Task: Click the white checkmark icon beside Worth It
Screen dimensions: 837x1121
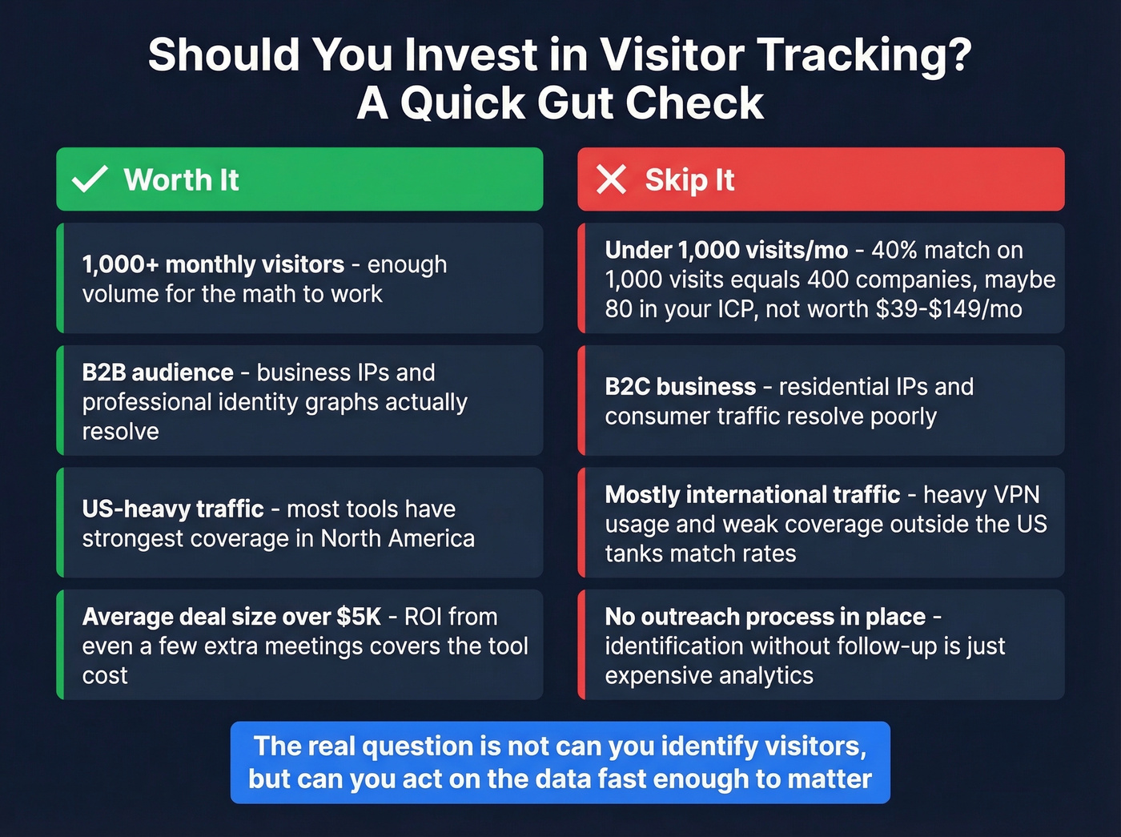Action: pyautogui.click(x=90, y=179)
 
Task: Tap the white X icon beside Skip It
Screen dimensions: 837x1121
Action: pyautogui.click(x=612, y=179)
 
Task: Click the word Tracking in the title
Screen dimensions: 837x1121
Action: pyautogui.click(x=865, y=54)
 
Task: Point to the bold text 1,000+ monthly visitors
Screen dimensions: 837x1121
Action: pyautogui.click(x=213, y=264)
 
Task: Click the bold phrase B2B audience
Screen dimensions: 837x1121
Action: pyautogui.click(x=158, y=372)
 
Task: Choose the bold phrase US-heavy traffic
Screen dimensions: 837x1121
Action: pyautogui.click(x=173, y=509)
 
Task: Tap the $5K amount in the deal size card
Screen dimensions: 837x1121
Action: pyautogui.click(x=359, y=617)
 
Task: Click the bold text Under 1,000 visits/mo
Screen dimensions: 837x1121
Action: pyautogui.click(x=726, y=251)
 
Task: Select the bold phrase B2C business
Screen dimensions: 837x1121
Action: pyautogui.click(x=681, y=387)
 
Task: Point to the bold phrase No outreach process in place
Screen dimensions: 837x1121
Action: pyautogui.click(x=765, y=617)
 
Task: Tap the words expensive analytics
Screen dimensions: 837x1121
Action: pyautogui.click(x=709, y=676)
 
